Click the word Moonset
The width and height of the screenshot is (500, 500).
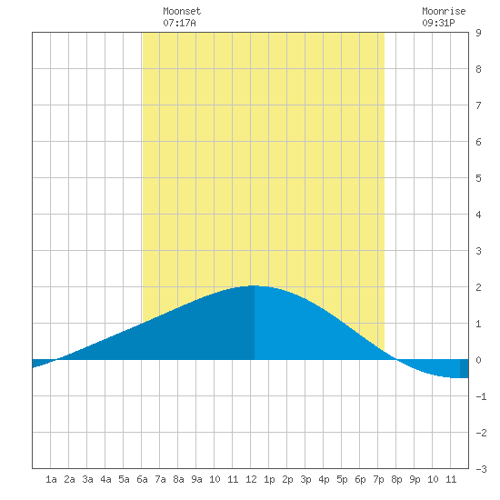(182, 11)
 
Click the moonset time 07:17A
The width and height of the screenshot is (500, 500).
(179, 23)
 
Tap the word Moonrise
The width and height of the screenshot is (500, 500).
(444, 11)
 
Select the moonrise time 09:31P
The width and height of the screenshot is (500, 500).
(438, 23)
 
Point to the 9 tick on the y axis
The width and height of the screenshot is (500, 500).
(478, 33)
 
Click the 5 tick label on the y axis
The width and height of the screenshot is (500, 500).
(478, 178)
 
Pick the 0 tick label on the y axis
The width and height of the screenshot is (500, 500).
(478, 360)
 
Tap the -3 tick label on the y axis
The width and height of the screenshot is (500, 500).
(481, 469)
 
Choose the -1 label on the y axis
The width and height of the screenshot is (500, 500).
(481, 396)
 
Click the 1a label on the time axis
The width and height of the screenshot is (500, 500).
(51, 479)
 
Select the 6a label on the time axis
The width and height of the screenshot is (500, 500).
(142, 479)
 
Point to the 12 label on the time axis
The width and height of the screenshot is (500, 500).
(251, 479)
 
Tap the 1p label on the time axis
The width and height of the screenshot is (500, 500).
(269, 479)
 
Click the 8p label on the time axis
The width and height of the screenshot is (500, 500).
(396, 479)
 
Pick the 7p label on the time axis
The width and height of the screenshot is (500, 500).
(378, 479)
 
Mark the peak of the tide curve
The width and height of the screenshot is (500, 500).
(254, 285)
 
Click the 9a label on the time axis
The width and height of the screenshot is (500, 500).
(196, 479)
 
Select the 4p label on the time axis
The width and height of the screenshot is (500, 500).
(324, 479)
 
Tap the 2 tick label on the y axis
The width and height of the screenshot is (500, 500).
(478, 287)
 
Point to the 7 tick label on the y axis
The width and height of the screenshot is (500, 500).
(478, 105)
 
